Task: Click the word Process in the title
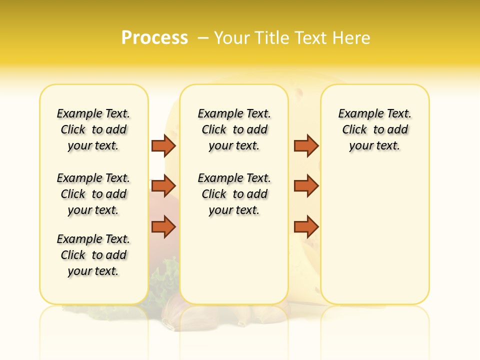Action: click(154, 38)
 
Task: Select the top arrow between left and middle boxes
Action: click(163, 145)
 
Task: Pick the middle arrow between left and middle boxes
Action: click(163, 186)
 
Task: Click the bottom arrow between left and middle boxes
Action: click(163, 227)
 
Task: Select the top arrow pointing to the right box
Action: click(306, 145)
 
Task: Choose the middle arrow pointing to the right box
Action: click(306, 186)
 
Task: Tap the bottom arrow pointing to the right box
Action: click(306, 227)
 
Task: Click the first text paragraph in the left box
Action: click(93, 129)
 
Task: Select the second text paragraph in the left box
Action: click(93, 194)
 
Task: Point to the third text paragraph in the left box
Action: click(93, 255)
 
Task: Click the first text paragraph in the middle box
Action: click(234, 129)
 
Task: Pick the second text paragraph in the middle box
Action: click(234, 194)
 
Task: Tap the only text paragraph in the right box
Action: click(374, 129)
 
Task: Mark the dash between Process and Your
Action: click(203, 38)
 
